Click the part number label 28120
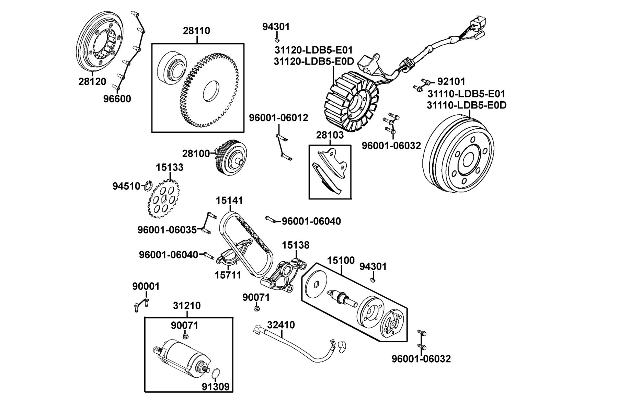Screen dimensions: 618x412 (92, 82)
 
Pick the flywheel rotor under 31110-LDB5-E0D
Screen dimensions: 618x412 (459, 156)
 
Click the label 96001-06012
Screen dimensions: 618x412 (278, 118)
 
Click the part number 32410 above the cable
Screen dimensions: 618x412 (281, 325)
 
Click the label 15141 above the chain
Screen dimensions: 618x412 (229, 200)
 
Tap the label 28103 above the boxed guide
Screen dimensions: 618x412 (330, 135)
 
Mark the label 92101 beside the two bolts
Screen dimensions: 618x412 (451, 82)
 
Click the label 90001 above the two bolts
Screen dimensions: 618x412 (146, 286)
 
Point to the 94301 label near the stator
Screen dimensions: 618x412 (276, 26)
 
